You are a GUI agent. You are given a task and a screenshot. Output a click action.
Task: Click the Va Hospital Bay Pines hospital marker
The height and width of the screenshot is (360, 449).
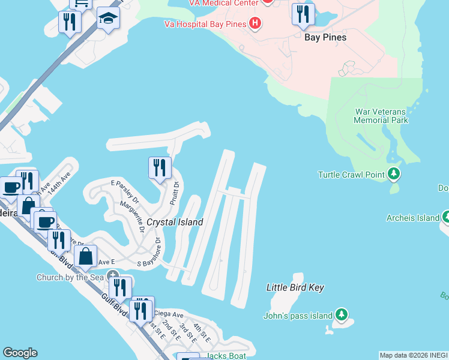pyautogui.click(x=256, y=24)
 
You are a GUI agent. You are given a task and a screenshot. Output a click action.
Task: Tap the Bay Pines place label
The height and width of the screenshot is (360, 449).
pyautogui.click(x=325, y=37)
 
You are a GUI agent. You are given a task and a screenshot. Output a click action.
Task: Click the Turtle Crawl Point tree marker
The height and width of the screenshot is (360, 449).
pyautogui.click(x=394, y=174)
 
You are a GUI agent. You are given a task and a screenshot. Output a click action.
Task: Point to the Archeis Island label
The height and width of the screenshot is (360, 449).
pyautogui.click(x=413, y=218)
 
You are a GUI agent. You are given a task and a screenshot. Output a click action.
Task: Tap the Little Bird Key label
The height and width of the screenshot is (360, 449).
pyautogui.click(x=295, y=287)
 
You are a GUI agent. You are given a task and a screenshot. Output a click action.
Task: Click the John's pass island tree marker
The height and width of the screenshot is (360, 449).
pyautogui.click(x=342, y=314)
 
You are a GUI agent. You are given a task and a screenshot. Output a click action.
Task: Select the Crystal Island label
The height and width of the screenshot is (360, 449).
pyautogui.click(x=175, y=222)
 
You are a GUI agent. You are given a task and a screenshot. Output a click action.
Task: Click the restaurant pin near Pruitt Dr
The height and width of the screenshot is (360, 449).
pyautogui.click(x=160, y=167)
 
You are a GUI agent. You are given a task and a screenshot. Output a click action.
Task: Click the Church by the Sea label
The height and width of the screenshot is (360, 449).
pyautogui.click(x=71, y=277)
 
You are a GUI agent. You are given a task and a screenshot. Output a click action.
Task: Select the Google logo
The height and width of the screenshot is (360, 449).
pyautogui.click(x=20, y=353)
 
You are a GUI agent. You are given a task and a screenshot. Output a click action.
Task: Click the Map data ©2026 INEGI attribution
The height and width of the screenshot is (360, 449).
pyautogui.click(x=414, y=355)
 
